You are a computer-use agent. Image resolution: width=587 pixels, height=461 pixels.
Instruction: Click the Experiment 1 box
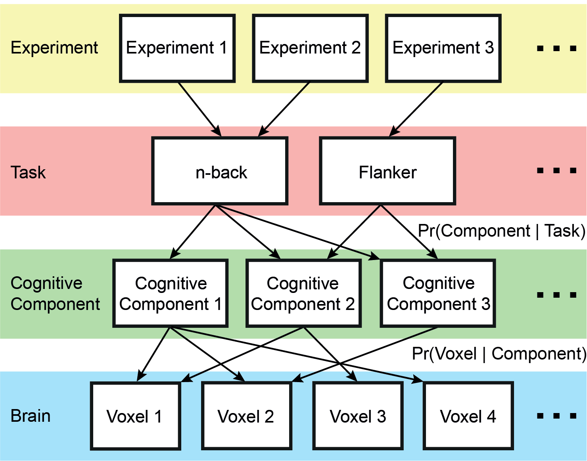[x=177, y=48]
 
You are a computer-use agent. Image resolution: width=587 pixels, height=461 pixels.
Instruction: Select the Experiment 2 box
[x=310, y=48]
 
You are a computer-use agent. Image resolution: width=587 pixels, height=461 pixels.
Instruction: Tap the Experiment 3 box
[x=443, y=48]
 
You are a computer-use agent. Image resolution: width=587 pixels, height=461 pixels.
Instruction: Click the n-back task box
[x=220, y=171]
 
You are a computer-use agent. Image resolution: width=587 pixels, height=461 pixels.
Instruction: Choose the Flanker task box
[x=387, y=171]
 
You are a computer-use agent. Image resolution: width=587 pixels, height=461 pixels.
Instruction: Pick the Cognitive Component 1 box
[x=171, y=293]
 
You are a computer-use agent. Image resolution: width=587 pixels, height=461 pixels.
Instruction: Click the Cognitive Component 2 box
[x=303, y=293]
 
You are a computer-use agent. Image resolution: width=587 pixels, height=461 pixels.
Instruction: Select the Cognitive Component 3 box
[x=438, y=293]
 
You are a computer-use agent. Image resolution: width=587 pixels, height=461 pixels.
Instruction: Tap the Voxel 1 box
[x=136, y=416]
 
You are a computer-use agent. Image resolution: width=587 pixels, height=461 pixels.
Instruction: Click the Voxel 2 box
[x=247, y=416]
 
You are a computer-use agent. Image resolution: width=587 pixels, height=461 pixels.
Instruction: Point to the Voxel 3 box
[x=358, y=416]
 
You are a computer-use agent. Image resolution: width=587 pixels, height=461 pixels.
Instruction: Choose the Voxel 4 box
[x=468, y=416]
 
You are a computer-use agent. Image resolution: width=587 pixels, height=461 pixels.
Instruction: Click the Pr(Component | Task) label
[x=501, y=231]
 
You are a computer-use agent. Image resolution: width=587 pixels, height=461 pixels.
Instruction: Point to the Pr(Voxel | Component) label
[x=499, y=354]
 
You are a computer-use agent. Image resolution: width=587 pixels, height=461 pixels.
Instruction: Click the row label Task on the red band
[x=28, y=172]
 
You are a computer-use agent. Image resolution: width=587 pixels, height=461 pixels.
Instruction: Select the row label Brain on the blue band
[x=31, y=416]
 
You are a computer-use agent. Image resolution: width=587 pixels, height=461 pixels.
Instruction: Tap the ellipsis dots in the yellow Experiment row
[x=556, y=49]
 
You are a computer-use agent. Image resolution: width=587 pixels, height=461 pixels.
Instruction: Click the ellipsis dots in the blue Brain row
[x=556, y=416]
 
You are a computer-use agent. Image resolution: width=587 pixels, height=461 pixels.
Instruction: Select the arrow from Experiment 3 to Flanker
[x=416, y=109]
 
